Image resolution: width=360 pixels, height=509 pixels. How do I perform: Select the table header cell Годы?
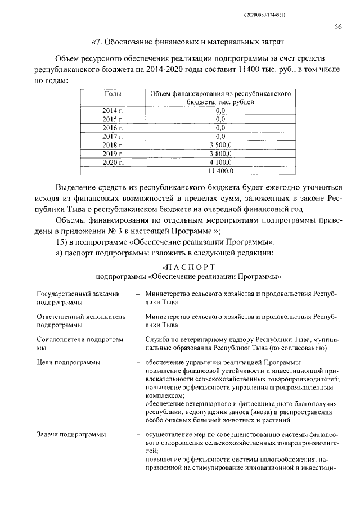pyautogui.click(x=112, y=94)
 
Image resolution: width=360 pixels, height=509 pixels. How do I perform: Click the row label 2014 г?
pyautogui.click(x=112, y=111)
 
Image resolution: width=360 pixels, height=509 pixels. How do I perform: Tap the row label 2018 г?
pyautogui.click(x=112, y=145)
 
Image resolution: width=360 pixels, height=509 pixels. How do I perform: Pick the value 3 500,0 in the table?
pyautogui.click(x=220, y=145)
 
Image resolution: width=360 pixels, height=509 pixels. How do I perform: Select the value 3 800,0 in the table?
pyautogui.click(x=220, y=154)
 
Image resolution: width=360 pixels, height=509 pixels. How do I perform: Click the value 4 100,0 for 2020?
pyautogui.click(x=220, y=162)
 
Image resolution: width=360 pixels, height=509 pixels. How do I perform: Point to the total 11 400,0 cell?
pyautogui.click(x=220, y=170)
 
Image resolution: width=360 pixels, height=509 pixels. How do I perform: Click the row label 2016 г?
pyautogui.click(x=112, y=128)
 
